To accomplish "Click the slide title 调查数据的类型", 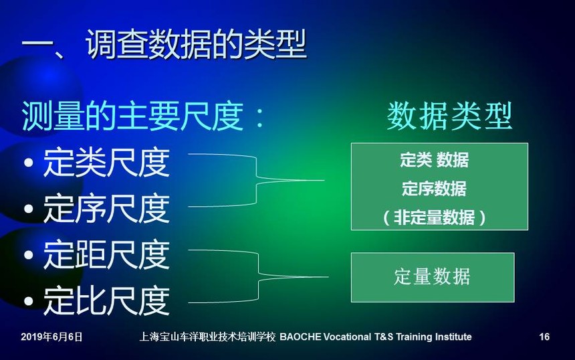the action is tap(196, 44).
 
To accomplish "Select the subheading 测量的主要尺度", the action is tap(132, 116).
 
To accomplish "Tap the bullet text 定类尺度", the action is tap(107, 163).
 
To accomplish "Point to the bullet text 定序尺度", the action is tap(107, 209).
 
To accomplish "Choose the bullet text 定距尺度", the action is tap(107, 255).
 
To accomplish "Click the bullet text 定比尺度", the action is tap(107, 301).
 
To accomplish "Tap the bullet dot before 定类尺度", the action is tap(28, 163).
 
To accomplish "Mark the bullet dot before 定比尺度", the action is tap(28, 301).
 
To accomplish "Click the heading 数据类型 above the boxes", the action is tap(449, 116).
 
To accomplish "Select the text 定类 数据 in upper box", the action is tap(434, 160).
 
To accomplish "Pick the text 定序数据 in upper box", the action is tap(434, 189).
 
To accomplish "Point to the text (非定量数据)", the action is tap(434, 217).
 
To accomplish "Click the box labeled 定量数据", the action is tap(433, 278).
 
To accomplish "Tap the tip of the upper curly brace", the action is tap(324, 180).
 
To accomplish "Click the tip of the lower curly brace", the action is tap(328, 277).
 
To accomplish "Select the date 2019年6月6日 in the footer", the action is tap(51, 337).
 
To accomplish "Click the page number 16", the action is tap(544, 337).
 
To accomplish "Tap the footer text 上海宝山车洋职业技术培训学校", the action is tap(207, 337).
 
